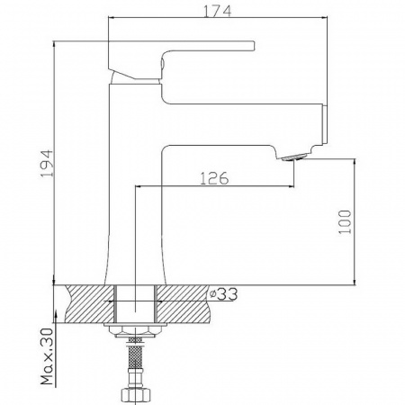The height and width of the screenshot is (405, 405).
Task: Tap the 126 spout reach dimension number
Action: pos(213,177)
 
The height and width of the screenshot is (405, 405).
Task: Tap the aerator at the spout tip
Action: pos(293,158)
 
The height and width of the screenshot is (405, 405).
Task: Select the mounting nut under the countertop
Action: pos(136,332)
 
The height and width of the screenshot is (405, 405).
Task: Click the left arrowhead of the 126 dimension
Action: pos(139,187)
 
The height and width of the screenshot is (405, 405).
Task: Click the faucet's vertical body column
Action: pos(135,180)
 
